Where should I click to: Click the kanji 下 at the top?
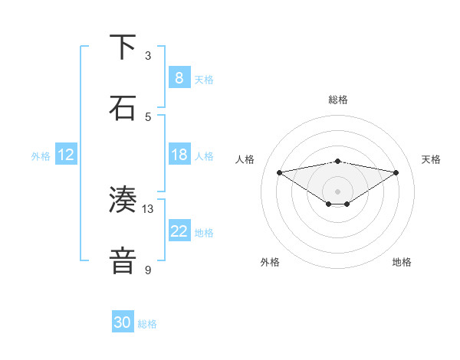pyautogui.click(x=123, y=47)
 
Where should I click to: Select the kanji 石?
pyautogui.click(x=123, y=109)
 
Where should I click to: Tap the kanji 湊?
pyautogui.click(x=123, y=201)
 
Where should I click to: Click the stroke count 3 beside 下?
pyautogui.click(x=148, y=55)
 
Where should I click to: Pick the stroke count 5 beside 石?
pyautogui.click(x=148, y=116)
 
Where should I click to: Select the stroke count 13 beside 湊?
pyautogui.click(x=148, y=208)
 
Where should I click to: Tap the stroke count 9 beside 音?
pyautogui.click(x=148, y=270)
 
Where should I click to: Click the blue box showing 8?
pyautogui.click(x=179, y=78)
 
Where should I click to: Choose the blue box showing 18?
pyautogui.click(x=179, y=155)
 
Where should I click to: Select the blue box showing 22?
pyautogui.click(x=179, y=231)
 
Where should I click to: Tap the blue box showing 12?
pyautogui.click(x=65, y=155)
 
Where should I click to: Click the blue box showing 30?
pyautogui.click(x=123, y=322)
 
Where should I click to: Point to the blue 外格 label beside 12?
pyautogui.click(x=41, y=156)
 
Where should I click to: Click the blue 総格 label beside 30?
pyautogui.click(x=147, y=324)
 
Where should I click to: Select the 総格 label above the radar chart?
pyautogui.click(x=337, y=100)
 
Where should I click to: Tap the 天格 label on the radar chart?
pyautogui.click(x=431, y=159)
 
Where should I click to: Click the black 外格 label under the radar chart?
pyautogui.click(x=270, y=262)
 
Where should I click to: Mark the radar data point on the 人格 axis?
pyautogui.click(x=279, y=172)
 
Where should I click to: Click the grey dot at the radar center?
pyautogui.click(x=337, y=191)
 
